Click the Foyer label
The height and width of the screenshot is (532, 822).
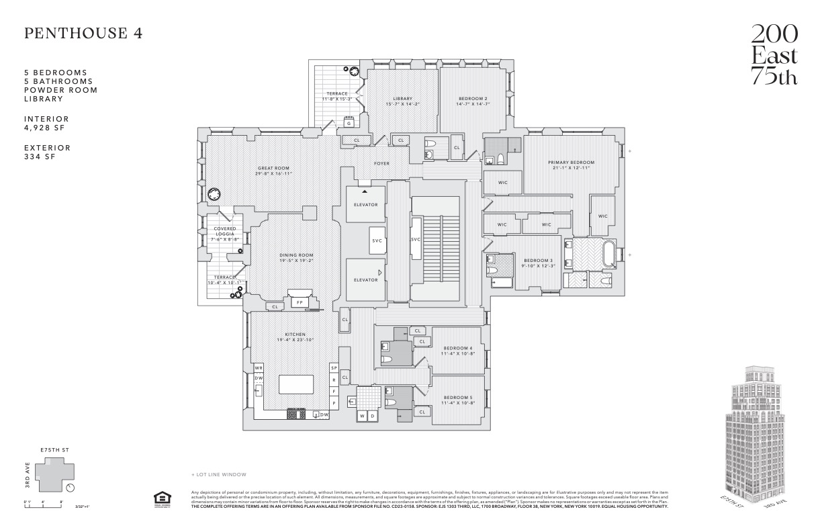(381, 163)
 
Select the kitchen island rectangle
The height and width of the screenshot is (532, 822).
(296, 384)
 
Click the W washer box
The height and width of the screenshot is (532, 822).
(363, 416)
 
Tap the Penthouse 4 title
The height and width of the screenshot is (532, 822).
(83, 34)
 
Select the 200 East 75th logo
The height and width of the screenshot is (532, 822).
(774, 55)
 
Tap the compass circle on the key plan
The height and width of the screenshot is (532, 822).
(71, 488)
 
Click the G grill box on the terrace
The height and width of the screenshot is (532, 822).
(349, 123)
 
